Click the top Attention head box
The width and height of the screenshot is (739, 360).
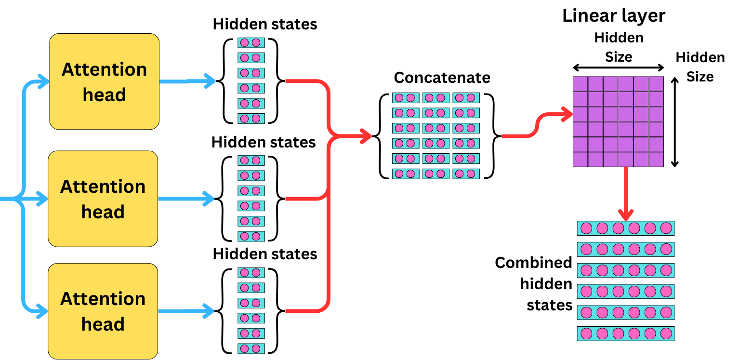click(104, 81)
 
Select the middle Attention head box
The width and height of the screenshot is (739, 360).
click(103, 199)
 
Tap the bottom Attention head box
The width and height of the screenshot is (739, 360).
click(103, 311)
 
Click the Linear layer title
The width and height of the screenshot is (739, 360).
click(614, 15)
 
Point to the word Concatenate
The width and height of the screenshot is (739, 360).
click(442, 78)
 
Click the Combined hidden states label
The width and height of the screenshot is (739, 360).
click(534, 284)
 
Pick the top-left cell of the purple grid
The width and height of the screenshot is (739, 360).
click(581, 84)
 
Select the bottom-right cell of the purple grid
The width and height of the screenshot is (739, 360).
click(656, 160)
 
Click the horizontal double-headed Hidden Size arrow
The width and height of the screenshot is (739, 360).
click(619, 69)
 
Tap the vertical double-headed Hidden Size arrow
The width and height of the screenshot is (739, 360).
click(674, 123)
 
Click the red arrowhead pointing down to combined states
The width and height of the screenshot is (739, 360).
click(625, 214)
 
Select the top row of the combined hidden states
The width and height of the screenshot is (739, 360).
click(626, 228)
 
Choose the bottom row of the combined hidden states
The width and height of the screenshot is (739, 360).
click(626, 333)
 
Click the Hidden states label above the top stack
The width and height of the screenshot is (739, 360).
click(265, 24)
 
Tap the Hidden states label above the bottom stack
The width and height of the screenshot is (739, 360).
click(265, 254)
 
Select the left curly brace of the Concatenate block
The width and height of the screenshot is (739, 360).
click(384, 136)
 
